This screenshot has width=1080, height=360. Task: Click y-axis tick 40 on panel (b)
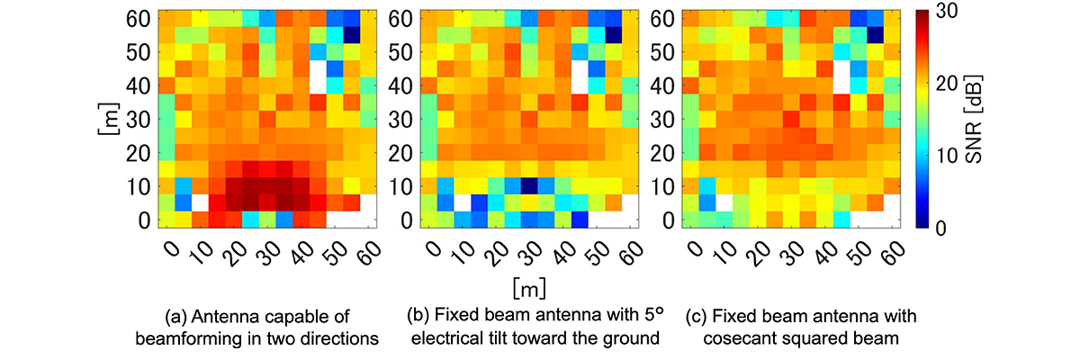tap(401, 85)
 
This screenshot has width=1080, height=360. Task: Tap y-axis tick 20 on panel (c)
tap(661, 153)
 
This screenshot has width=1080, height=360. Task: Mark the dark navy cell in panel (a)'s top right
tap(352, 34)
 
